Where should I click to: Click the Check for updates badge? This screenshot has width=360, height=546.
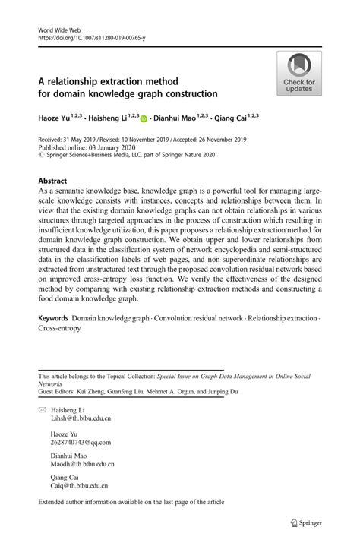[298, 75]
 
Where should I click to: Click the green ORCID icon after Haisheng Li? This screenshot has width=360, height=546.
[144, 119]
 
